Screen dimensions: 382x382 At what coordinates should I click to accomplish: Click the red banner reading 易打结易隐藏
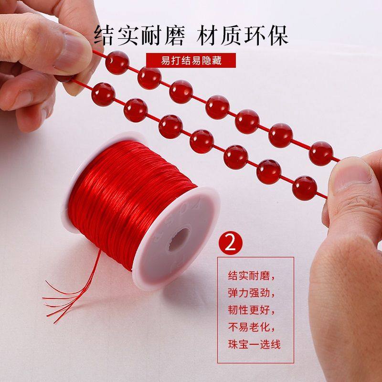(x=191, y=61)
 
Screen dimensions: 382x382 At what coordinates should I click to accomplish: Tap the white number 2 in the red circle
(x=231, y=243)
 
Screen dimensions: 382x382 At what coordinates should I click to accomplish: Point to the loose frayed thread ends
(x=67, y=296)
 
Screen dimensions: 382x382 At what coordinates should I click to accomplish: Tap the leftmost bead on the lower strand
(x=103, y=94)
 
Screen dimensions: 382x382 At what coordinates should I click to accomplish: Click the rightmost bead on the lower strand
(x=304, y=187)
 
